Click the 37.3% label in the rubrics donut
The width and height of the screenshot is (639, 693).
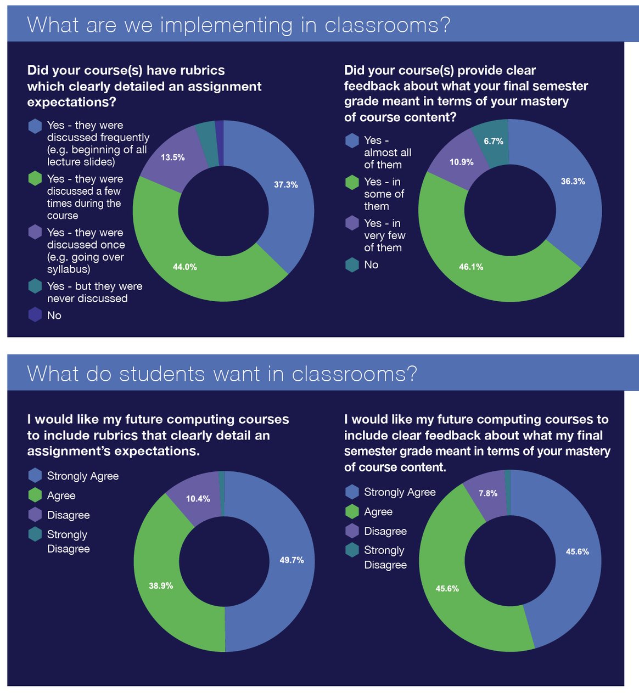click(285, 185)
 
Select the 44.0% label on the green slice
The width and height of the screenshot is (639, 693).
click(184, 267)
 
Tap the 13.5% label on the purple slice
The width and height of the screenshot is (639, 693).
click(172, 157)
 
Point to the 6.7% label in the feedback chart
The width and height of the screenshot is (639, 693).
click(493, 142)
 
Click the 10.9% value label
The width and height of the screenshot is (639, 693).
click(461, 162)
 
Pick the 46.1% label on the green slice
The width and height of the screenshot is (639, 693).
click(471, 267)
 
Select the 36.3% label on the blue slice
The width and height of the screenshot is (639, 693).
click(573, 182)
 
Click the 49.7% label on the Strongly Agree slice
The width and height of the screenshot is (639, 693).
click(292, 560)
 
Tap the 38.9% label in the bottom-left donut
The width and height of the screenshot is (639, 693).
click(161, 586)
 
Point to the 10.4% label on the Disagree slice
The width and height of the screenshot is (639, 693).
click(198, 499)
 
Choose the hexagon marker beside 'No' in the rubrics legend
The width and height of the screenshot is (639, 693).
click(35, 315)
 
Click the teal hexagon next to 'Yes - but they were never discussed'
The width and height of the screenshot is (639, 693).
click(35, 286)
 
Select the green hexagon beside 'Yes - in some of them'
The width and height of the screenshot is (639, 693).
click(352, 182)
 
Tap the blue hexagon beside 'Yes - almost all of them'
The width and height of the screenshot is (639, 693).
click(352, 141)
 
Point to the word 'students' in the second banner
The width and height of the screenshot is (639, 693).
click(163, 374)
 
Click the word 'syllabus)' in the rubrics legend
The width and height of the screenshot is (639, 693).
click(69, 269)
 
